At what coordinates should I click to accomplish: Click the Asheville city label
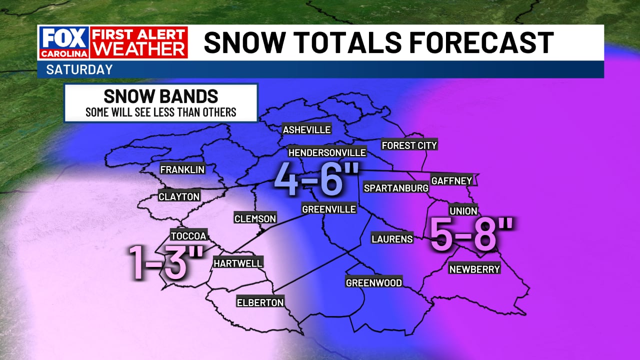pos(306,130)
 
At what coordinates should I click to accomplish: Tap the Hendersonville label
pos(327,152)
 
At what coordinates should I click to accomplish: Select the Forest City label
pos(409,145)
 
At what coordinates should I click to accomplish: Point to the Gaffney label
pos(451,180)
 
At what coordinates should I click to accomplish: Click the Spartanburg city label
pos(396,188)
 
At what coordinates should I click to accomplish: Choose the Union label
pos(463,211)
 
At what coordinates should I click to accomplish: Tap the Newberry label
pos(474,269)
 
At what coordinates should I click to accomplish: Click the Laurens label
pos(392,239)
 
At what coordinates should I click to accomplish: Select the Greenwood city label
pos(374,283)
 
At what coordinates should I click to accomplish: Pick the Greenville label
pos(329,209)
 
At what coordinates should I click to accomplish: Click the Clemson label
pos(255,218)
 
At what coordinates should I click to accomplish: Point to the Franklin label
pos(182,169)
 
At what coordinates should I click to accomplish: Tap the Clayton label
pos(179,197)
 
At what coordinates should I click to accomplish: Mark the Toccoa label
pos(188,236)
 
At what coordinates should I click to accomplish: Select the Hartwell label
pos(237,263)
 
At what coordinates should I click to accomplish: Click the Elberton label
pos(260,302)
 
